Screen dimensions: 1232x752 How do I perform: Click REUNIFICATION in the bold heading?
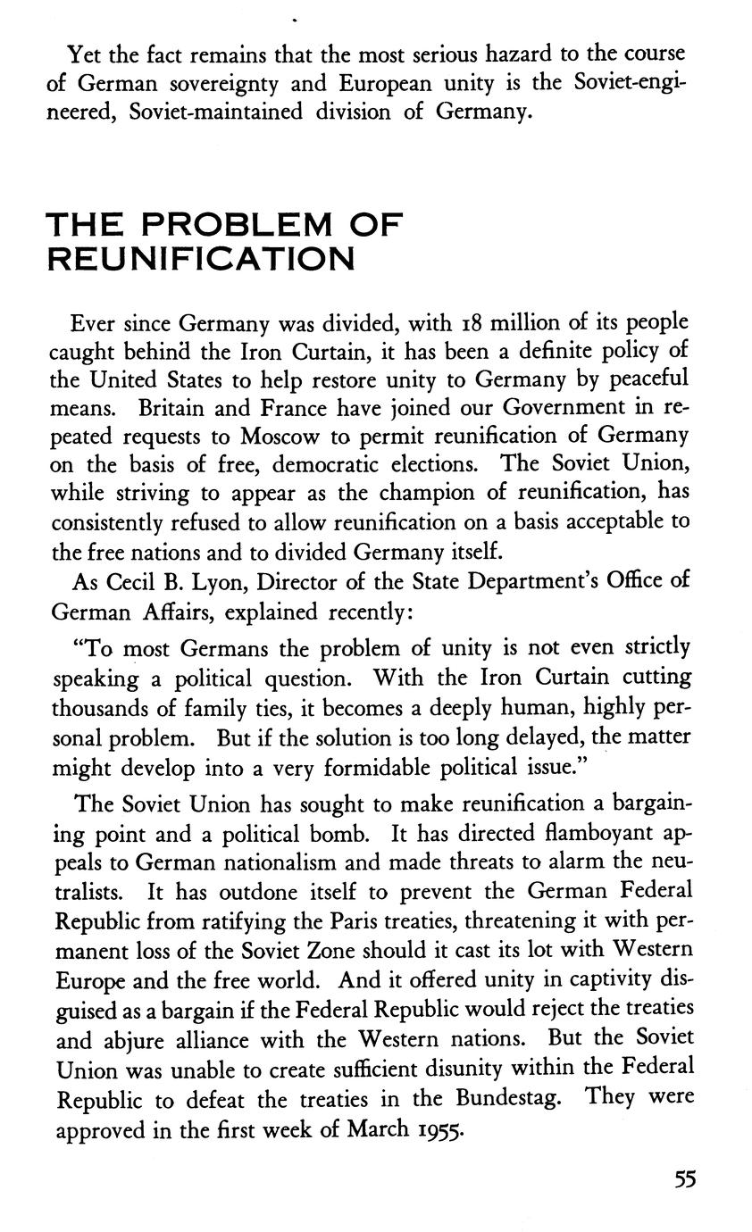201,259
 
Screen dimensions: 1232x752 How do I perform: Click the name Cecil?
134,580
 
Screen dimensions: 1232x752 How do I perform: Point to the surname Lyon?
222,581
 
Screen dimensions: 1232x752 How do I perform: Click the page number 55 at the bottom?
685,1178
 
